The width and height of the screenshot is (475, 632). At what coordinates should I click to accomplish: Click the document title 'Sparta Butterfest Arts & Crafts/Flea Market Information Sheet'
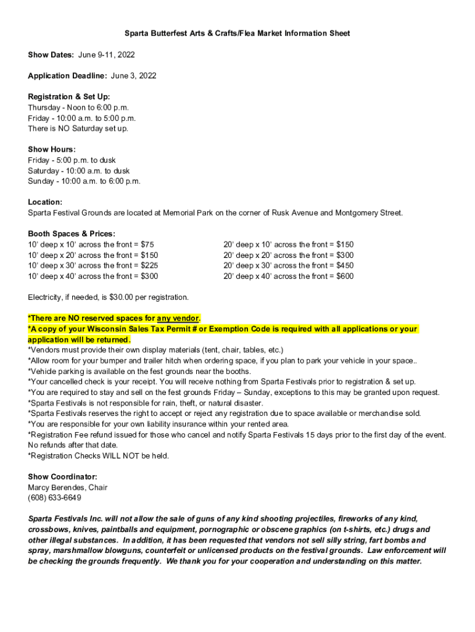[238, 33]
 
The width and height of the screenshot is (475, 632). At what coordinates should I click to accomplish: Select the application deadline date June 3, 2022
[133, 76]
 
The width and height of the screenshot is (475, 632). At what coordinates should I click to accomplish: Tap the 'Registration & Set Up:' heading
[69, 97]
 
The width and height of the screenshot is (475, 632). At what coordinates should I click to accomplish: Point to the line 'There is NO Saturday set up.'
[78, 128]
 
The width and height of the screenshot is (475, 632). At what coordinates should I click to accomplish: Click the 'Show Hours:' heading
[52, 149]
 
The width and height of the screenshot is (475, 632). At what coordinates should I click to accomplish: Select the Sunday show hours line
[84, 181]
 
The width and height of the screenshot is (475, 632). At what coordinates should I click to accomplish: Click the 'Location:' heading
[45, 202]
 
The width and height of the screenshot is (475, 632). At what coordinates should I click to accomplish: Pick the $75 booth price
[147, 244]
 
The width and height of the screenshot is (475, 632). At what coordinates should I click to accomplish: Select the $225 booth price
[149, 265]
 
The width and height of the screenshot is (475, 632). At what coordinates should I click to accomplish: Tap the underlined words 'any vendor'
[178, 318]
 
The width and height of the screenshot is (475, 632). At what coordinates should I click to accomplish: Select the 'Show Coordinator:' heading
[62, 476]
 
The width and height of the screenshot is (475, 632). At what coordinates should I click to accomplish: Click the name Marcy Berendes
[57, 487]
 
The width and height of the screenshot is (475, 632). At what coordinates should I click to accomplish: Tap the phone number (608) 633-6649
[54, 497]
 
